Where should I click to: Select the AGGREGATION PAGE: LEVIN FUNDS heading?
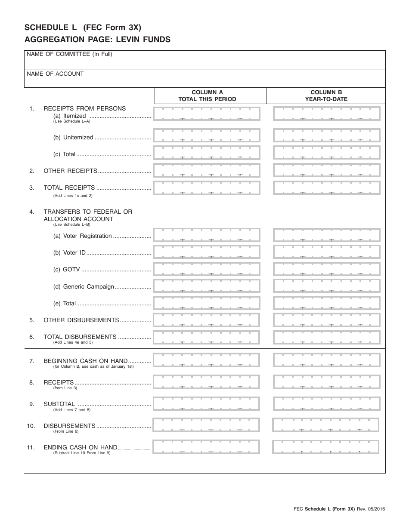[x=97, y=40]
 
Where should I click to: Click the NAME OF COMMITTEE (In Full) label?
[x=69, y=54]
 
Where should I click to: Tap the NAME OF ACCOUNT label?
[x=55, y=74]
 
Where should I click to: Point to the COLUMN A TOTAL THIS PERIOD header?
[x=207, y=95]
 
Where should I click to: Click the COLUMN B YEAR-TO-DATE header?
[x=326, y=95]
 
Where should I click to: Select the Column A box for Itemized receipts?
[x=207, y=114]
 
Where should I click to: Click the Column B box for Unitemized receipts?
[x=327, y=136]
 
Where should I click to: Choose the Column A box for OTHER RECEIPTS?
[x=207, y=170]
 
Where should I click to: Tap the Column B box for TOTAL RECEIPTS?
[x=327, y=188]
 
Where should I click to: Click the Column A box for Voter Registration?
[x=207, y=235]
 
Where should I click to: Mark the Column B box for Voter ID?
[x=327, y=252]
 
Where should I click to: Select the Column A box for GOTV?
[x=207, y=269]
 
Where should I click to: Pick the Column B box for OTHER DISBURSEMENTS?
[x=327, y=320]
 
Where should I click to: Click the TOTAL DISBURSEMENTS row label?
[x=80, y=337]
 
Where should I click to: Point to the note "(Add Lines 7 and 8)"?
[x=72, y=410]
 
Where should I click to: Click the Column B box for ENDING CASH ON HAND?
[x=326, y=447]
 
